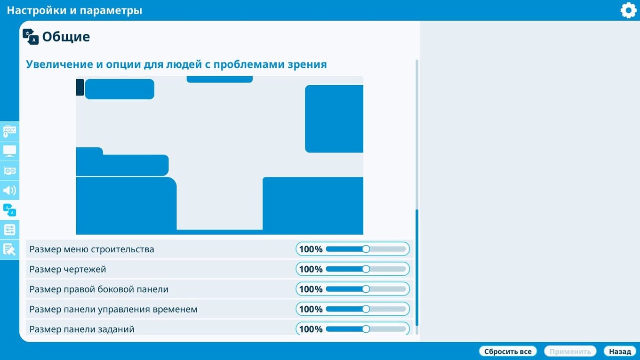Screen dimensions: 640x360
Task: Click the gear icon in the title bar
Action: tap(629, 10)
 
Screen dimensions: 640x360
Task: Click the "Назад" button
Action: tap(620, 351)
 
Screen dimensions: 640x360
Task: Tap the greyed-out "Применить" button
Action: tap(570, 351)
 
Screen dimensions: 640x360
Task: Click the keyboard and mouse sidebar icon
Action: tap(10, 131)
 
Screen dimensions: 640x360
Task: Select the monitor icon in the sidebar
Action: tap(10, 151)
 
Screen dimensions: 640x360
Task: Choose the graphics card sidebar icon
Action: tap(10, 171)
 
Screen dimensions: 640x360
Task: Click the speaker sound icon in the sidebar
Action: tap(10, 190)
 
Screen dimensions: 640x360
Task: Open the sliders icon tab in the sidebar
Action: tap(10, 230)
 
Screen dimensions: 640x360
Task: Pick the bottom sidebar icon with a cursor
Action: tap(10, 249)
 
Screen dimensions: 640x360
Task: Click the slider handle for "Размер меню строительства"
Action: tap(366, 249)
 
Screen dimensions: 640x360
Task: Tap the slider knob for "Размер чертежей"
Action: tap(366, 269)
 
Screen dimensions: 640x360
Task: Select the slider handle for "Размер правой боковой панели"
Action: tap(366, 289)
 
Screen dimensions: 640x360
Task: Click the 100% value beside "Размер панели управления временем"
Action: tap(311, 309)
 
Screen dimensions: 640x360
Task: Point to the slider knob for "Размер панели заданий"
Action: tap(366, 329)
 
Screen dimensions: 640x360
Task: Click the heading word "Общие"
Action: tap(66, 37)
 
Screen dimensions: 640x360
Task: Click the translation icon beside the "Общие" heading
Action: tap(31, 37)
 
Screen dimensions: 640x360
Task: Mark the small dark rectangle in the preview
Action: tap(80, 88)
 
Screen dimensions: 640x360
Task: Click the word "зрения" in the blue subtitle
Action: tap(307, 64)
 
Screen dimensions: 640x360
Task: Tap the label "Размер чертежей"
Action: tap(68, 269)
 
